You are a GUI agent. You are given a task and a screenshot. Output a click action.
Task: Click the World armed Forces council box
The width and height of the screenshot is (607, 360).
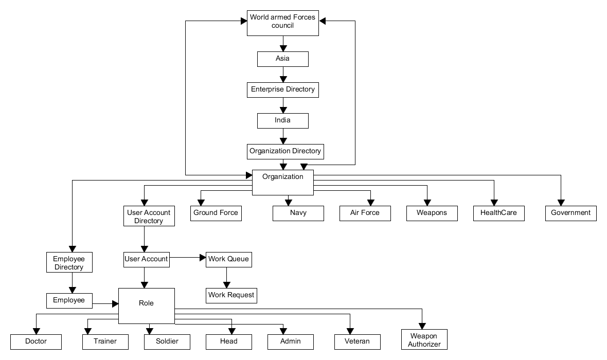click(x=282, y=23)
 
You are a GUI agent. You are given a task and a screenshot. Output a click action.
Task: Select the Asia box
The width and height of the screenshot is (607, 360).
click(x=282, y=59)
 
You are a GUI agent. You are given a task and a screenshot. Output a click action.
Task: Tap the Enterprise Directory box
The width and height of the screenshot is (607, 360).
click(x=282, y=89)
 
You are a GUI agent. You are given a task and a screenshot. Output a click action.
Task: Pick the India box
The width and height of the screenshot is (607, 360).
click(x=282, y=120)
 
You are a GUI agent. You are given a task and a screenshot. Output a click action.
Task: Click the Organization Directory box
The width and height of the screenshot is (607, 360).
click(x=285, y=151)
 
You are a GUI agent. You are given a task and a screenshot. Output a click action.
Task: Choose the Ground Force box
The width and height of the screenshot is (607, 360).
click(x=216, y=213)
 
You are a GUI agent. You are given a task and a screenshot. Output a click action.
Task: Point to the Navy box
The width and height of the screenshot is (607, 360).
click(x=298, y=213)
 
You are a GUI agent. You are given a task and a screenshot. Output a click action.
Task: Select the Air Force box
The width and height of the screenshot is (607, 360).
click(x=365, y=213)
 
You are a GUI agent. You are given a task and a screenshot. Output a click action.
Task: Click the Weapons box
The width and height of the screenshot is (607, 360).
click(x=432, y=213)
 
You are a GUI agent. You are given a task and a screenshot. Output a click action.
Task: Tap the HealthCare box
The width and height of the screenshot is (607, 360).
click(x=498, y=213)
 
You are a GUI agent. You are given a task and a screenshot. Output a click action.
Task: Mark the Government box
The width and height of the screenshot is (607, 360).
click(x=570, y=213)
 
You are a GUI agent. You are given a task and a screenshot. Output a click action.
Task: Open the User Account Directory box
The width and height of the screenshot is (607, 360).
click(x=149, y=217)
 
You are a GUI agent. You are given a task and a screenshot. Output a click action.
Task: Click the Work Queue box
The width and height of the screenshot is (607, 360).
click(x=228, y=259)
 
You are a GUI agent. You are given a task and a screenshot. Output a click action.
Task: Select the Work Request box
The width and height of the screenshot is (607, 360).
click(x=231, y=295)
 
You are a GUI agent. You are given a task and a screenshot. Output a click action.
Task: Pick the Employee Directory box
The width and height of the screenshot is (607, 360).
click(x=69, y=263)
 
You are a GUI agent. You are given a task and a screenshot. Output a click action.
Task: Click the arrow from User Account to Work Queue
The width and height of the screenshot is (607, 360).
click(x=188, y=258)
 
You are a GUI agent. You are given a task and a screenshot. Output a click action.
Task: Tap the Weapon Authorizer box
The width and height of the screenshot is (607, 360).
click(x=424, y=340)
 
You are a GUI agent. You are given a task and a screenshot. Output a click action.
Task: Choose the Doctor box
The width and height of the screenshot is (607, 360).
click(x=35, y=341)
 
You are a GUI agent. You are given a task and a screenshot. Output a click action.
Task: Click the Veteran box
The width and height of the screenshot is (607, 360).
click(x=358, y=341)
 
